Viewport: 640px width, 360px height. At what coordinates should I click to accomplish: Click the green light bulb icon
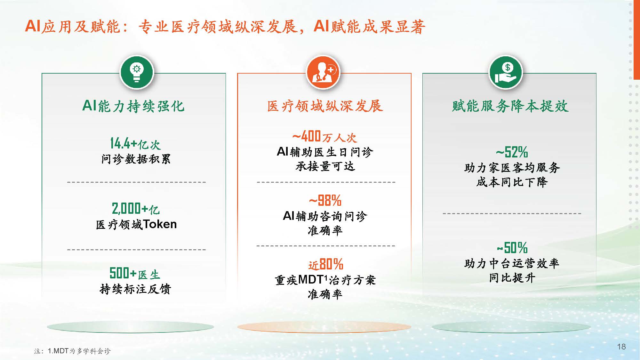pos(137,72)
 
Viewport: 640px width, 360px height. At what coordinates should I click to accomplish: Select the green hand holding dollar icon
pos(506,72)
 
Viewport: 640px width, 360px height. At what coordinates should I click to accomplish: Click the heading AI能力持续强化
pos(133,106)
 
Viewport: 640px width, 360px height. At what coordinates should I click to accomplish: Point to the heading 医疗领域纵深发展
pos(325,106)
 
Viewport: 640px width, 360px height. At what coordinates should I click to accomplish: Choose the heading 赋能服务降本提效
pos(510,106)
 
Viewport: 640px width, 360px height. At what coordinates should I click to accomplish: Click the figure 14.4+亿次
pos(135,144)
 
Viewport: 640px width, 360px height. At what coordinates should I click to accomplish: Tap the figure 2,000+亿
pos(136,209)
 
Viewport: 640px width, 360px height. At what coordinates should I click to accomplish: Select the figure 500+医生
pos(135,274)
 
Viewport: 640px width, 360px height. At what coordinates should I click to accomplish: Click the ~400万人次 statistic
pos(324,137)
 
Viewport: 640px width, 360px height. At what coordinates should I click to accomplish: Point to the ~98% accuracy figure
pos(325,201)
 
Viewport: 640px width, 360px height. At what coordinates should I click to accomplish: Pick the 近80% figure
pos(326,265)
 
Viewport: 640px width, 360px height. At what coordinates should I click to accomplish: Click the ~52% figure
pos(512,152)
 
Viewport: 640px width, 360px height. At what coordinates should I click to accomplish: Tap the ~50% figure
pos(512,248)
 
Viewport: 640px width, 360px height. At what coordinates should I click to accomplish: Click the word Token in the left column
pos(160,224)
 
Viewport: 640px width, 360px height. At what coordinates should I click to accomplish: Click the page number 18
pos(621,347)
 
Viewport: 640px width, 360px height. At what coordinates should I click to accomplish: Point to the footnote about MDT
pos(72,351)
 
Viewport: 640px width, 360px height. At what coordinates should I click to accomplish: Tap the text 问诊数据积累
pos(136,159)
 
